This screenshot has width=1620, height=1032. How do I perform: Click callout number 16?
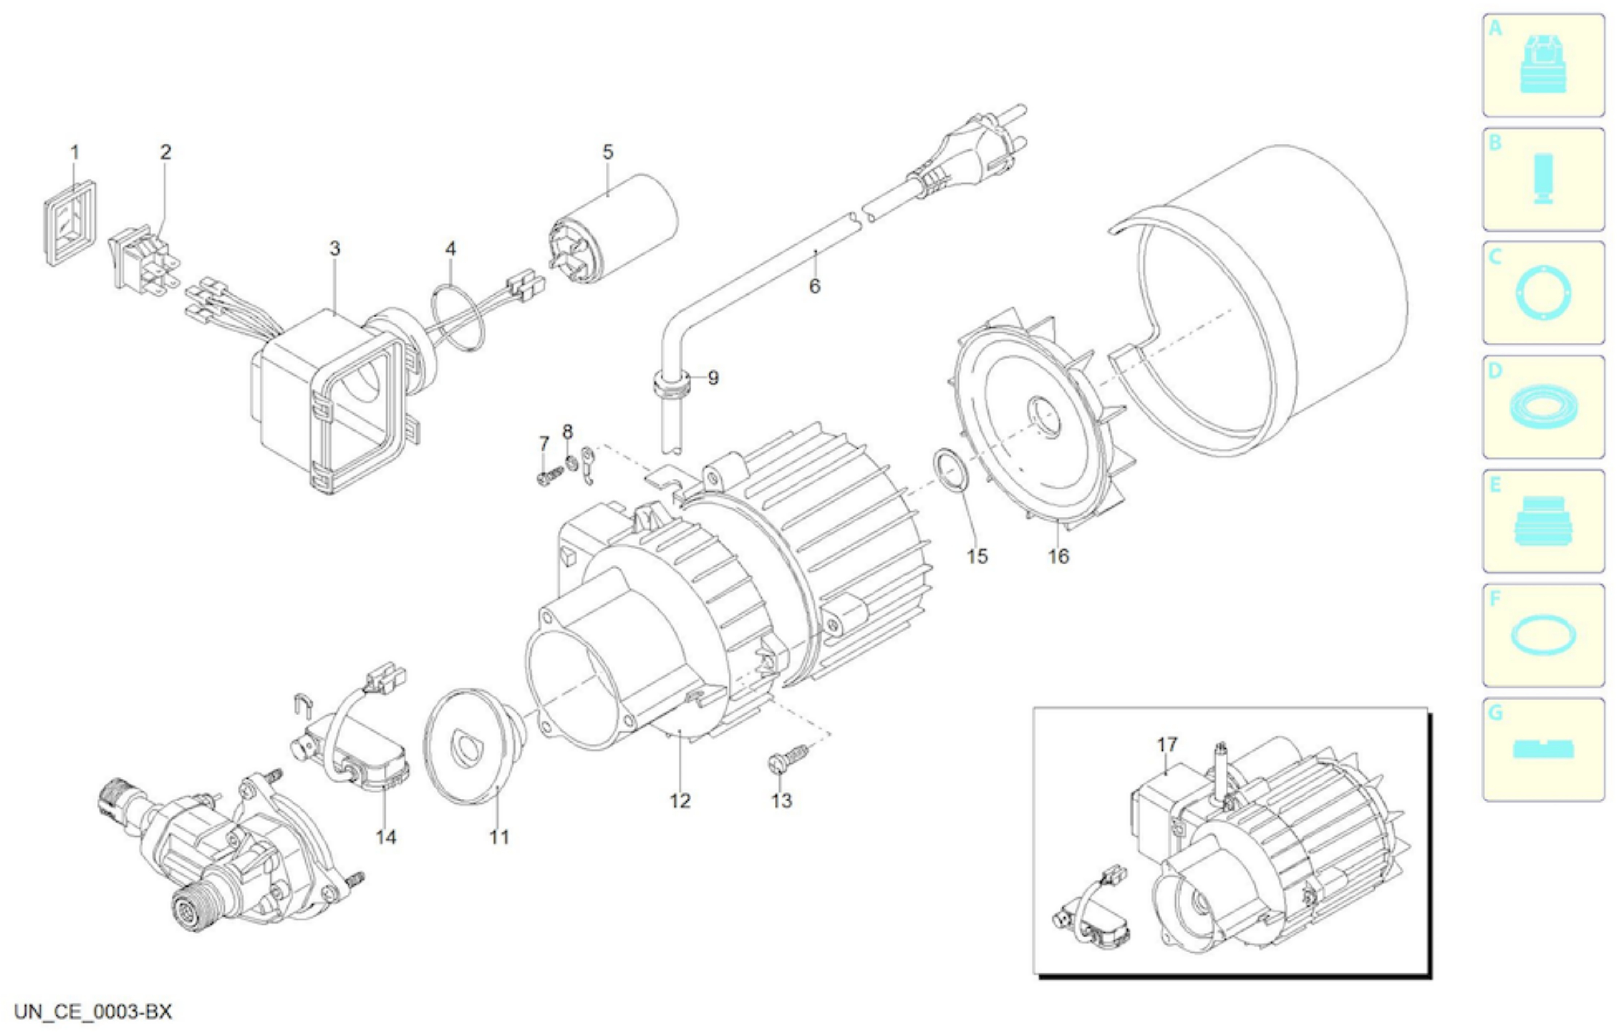(x=1058, y=556)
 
